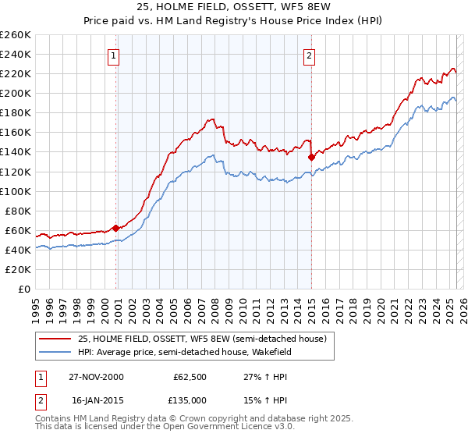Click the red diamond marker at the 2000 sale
point(116,228)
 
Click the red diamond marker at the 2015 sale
point(311,157)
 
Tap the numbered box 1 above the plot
point(115,55)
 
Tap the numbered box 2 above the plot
point(310,55)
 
